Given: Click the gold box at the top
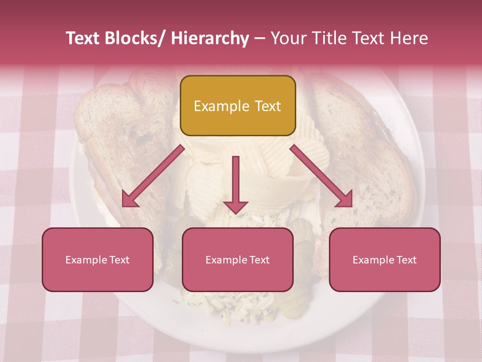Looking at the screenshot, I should coord(237,106).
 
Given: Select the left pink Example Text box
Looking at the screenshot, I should coord(97,259).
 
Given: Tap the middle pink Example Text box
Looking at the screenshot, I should coord(237,259).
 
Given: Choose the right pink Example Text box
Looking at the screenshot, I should coord(385,259).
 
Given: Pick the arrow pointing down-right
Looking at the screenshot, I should coord(322,176).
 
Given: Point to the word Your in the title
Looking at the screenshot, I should coord(288,39).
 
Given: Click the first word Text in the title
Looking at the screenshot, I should coord(84,39).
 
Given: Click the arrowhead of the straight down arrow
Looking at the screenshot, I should coord(235,207).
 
